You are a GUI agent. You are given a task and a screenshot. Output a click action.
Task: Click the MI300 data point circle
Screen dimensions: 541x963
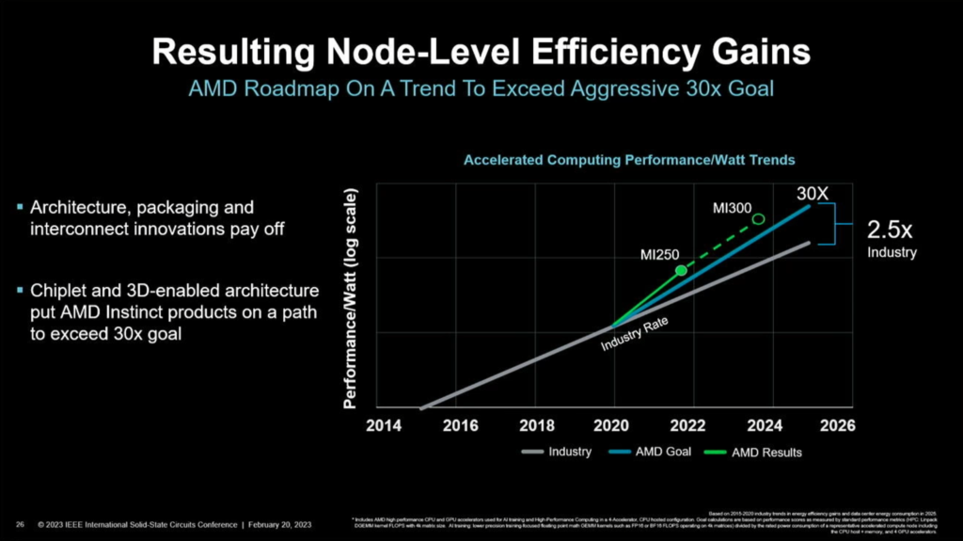(759, 219)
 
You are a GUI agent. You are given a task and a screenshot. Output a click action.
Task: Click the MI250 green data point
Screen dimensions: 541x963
(681, 271)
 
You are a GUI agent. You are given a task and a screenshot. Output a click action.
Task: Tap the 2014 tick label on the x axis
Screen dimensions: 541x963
(384, 426)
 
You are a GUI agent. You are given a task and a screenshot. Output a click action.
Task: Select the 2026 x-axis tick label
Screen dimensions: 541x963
(838, 426)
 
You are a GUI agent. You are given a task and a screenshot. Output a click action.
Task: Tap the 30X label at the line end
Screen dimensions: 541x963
(813, 193)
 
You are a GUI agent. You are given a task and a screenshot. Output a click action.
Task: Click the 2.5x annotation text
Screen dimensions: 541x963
(889, 231)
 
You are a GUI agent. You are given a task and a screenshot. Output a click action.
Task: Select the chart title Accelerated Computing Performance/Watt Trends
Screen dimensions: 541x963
(629, 161)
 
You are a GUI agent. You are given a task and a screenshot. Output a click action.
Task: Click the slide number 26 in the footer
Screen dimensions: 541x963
(20, 523)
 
